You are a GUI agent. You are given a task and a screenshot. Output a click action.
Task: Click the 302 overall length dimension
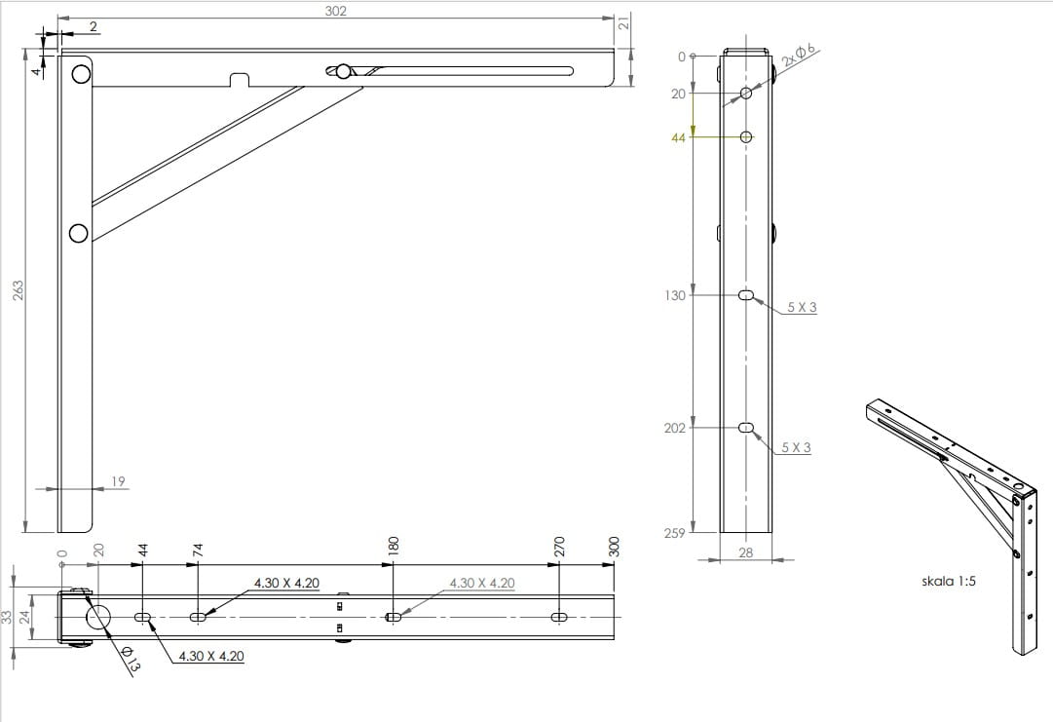point(335,11)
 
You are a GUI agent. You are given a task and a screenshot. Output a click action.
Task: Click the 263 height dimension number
point(19,289)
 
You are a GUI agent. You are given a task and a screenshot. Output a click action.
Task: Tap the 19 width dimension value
point(118,481)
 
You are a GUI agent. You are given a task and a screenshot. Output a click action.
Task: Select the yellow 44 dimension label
point(678,137)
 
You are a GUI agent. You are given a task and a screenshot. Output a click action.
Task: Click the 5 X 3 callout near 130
point(802,308)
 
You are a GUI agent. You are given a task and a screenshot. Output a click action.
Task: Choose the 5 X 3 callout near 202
point(796,447)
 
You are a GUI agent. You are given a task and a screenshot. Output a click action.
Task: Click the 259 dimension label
point(674,533)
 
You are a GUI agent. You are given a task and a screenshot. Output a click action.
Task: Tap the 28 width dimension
point(745,552)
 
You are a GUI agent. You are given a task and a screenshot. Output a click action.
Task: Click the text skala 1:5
point(948,581)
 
